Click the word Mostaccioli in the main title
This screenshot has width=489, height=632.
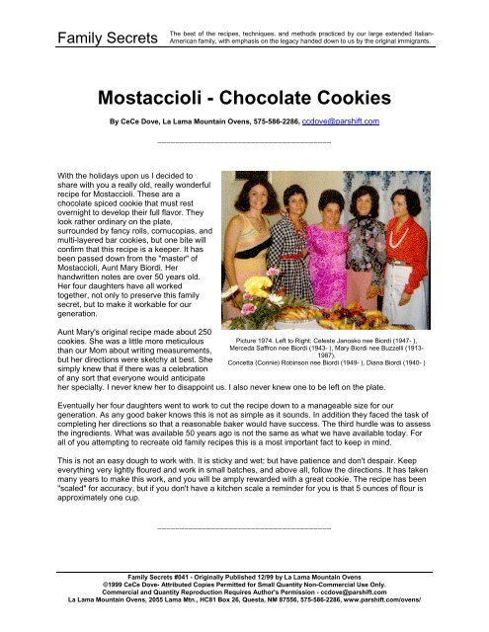pyautogui.click(x=163, y=99)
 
